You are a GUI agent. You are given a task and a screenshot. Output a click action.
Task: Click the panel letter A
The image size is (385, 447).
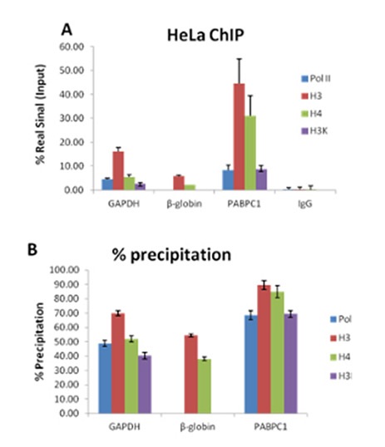coord(68,28)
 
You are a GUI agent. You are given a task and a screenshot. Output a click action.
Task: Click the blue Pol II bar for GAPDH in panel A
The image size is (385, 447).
coord(106,184)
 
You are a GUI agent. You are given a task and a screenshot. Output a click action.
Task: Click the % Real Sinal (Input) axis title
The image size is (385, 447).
coord(41,118)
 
